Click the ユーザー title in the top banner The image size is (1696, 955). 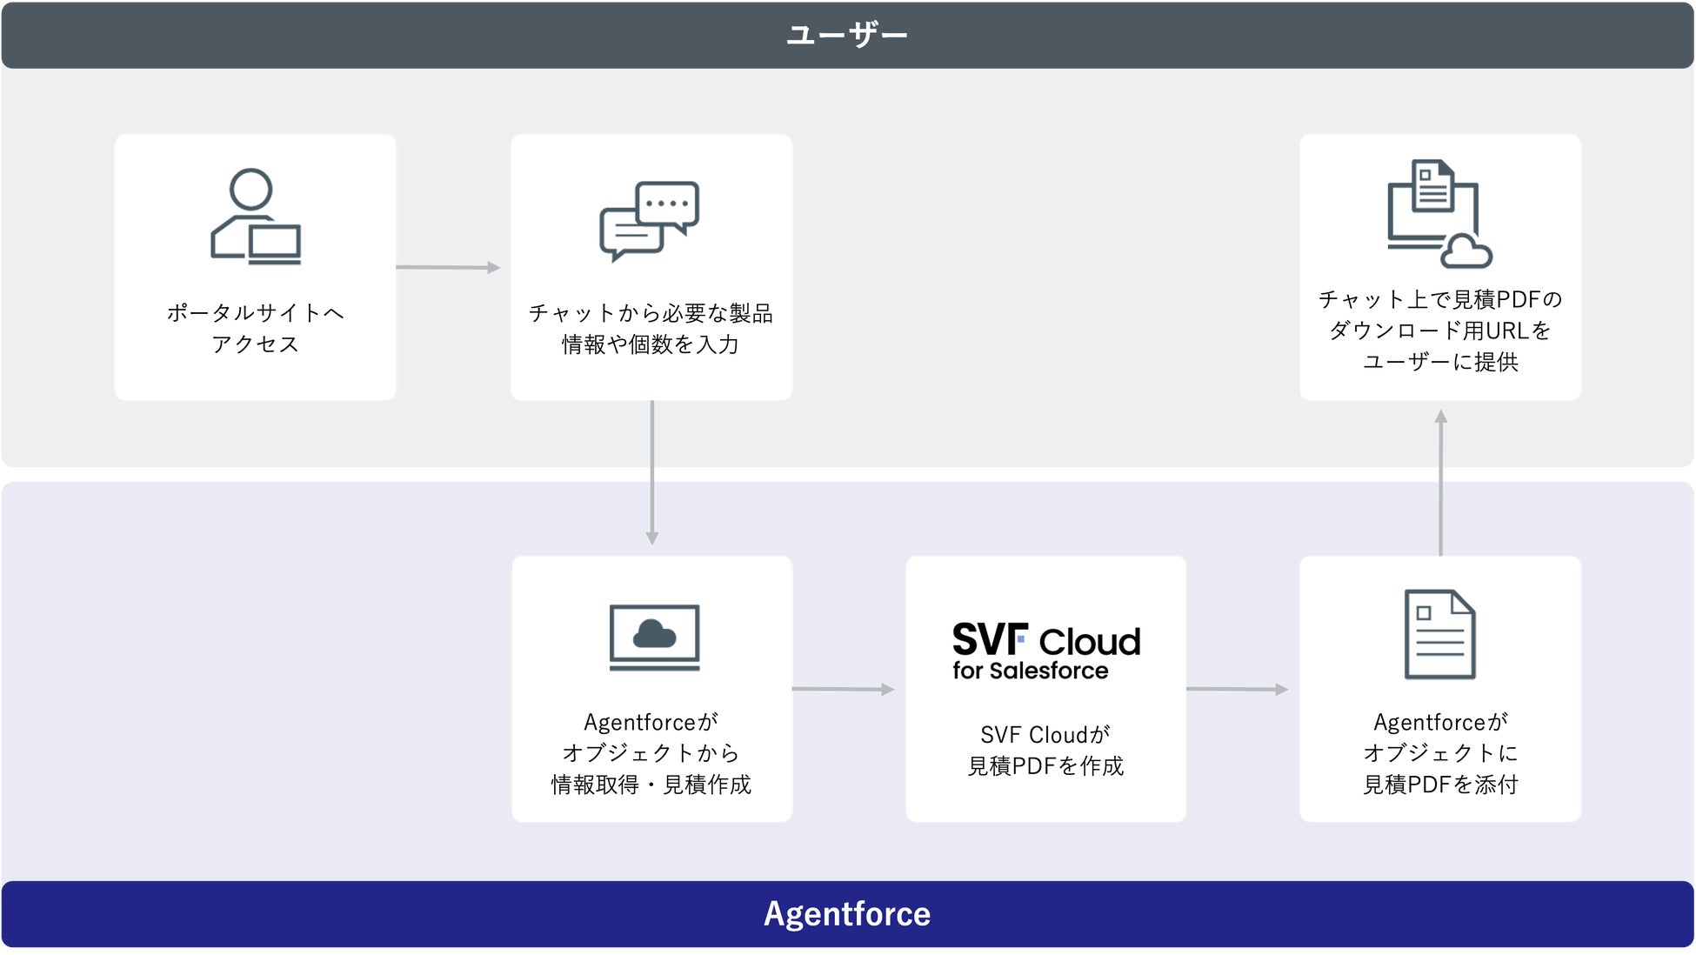pyautogui.click(x=847, y=35)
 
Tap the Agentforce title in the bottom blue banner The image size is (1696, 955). pyautogui.click(x=847, y=914)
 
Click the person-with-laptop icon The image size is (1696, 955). pyautogui.click(x=256, y=216)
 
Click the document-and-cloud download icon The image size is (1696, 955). pyautogui.click(x=1439, y=213)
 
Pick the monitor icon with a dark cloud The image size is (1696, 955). pyautogui.click(x=655, y=638)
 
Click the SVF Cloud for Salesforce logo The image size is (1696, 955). pyautogui.click(x=1046, y=651)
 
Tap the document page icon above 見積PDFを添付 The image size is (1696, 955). pyautogui.click(x=1440, y=634)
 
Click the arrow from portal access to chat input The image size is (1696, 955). pyautogui.click(x=448, y=267)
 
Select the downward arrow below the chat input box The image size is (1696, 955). pyautogui.click(x=652, y=472)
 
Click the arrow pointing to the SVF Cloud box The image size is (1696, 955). pyautogui.click(x=844, y=689)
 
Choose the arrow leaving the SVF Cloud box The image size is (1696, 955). pyautogui.click(x=1238, y=689)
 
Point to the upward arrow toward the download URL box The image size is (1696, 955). pyautogui.click(x=1441, y=483)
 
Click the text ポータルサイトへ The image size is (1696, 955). pyautogui.click(x=256, y=312)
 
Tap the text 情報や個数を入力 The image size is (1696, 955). pyautogui.click(x=651, y=344)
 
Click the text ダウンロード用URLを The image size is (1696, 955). pyautogui.click(x=1440, y=331)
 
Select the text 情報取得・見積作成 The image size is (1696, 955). pyautogui.click(x=651, y=785)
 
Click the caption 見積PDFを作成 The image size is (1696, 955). pyautogui.click(x=1046, y=765)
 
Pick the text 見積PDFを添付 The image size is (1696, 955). pyautogui.click(x=1440, y=785)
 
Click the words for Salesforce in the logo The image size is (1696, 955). pyautogui.click(x=1031, y=671)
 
